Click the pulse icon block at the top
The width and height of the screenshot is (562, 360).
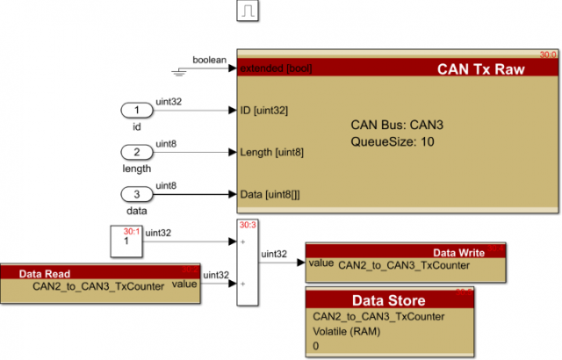coord(247,11)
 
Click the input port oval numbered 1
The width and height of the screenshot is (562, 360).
coord(137,111)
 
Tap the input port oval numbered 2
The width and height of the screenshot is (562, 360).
coord(137,152)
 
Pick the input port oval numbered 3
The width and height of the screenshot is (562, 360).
coord(137,194)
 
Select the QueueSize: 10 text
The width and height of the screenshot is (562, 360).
coord(393,140)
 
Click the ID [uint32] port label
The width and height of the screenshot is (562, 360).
coord(264,111)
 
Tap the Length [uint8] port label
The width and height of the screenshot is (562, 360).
coord(272,152)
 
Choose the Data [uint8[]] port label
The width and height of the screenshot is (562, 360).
coord(270,194)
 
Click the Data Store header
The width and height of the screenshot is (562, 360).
coord(389,299)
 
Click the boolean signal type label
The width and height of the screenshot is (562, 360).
coord(211,60)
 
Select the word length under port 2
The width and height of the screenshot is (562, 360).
coord(137,169)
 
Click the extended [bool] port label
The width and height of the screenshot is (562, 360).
coord(276,68)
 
